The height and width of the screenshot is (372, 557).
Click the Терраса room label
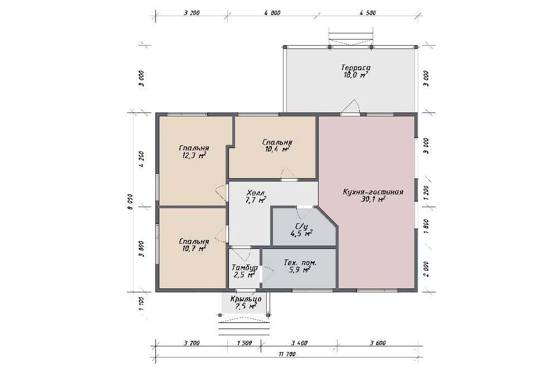tap(355, 67)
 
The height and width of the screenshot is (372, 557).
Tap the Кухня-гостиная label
tap(373, 192)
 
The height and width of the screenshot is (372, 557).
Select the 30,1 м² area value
tap(373, 199)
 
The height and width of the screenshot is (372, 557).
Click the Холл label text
tap(256, 193)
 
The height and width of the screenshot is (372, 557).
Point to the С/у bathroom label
tap(301, 226)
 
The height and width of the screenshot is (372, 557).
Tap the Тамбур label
tap(245, 267)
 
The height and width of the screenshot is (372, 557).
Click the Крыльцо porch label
tap(246, 299)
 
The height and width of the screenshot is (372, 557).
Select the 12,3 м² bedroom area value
tap(194, 155)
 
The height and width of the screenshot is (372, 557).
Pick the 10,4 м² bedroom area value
tap(277, 149)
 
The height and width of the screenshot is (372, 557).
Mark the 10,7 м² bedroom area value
tap(194, 249)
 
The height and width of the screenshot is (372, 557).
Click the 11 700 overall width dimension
tap(287, 354)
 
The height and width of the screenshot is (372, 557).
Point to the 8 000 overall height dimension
tap(130, 201)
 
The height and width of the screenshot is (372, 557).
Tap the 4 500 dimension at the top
tap(367, 13)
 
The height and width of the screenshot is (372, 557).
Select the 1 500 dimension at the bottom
tap(244, 343)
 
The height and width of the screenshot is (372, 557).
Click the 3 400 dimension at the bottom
tap(299, 343)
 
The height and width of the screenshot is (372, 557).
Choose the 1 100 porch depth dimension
tap(141, 304)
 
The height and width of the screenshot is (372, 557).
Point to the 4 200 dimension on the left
tap(141, 159)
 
